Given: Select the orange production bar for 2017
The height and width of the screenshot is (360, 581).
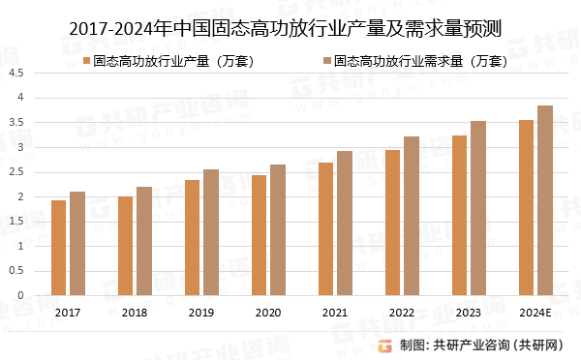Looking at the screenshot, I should point(58,248).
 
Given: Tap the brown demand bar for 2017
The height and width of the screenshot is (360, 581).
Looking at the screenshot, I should point(77,244).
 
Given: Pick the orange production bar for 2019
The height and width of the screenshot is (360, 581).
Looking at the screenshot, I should point(192,238).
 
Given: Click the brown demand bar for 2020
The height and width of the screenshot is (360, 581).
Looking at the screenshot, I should point(278,230).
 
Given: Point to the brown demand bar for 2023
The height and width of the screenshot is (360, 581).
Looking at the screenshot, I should point(478,208).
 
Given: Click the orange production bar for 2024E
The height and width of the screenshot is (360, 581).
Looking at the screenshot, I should point(526,208).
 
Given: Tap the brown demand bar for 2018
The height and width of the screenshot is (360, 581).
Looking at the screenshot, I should point(144,241).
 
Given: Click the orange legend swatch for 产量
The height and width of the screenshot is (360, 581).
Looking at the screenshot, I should point(86,61).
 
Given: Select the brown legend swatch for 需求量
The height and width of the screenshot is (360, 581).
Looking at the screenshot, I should point(325,61).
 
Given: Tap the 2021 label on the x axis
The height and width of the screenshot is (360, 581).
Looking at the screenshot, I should point(335,313).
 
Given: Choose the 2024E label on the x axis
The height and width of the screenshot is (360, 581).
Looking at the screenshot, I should point(535,313).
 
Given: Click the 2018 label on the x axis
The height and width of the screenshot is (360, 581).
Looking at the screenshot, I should point(135,313).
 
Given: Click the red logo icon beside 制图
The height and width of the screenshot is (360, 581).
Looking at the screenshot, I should point(384,344).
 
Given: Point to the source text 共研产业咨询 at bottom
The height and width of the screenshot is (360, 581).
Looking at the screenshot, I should point(471,345).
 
